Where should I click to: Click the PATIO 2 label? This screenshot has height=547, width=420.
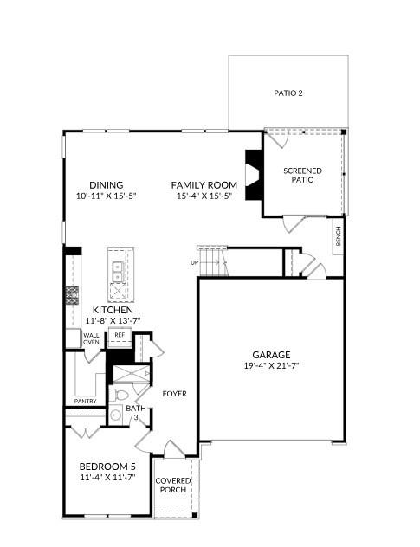pyautogui.click(x=288, y=93)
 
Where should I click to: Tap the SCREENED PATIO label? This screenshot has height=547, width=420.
pyautogui.click(x=302, y=175)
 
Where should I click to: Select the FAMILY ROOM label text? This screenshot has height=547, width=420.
pyautogui.click(x=204, y=185)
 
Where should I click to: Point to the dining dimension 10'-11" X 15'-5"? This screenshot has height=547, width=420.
pyautogui.click(x=107, y=196)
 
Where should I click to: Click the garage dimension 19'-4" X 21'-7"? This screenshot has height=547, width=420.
pyautogui.click(x=271, y=365)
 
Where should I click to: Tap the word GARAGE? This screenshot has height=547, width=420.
pyautogui.click(x=271, y=354)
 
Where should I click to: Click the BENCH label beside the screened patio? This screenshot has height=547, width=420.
pyautogui.click(x=339, y=235)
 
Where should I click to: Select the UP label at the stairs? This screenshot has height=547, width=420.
pyautogui.click(x=195, y=262)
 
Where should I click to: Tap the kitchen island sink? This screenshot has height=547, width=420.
pyautogui.click(x=117, y=273)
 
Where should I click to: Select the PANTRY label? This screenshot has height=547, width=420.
pyautogui.click(x=85, y=401)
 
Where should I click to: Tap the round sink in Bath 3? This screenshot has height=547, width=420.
pyautogui.click(x=114, y=415)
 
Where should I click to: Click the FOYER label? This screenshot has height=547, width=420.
pyautogui.click(x=174, y=394)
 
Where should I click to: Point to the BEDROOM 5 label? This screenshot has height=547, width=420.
pyautogui.click(x=108, y=467)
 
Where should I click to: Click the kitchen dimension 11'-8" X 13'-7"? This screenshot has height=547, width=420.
pyautogui.click(x=113, y=320)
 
